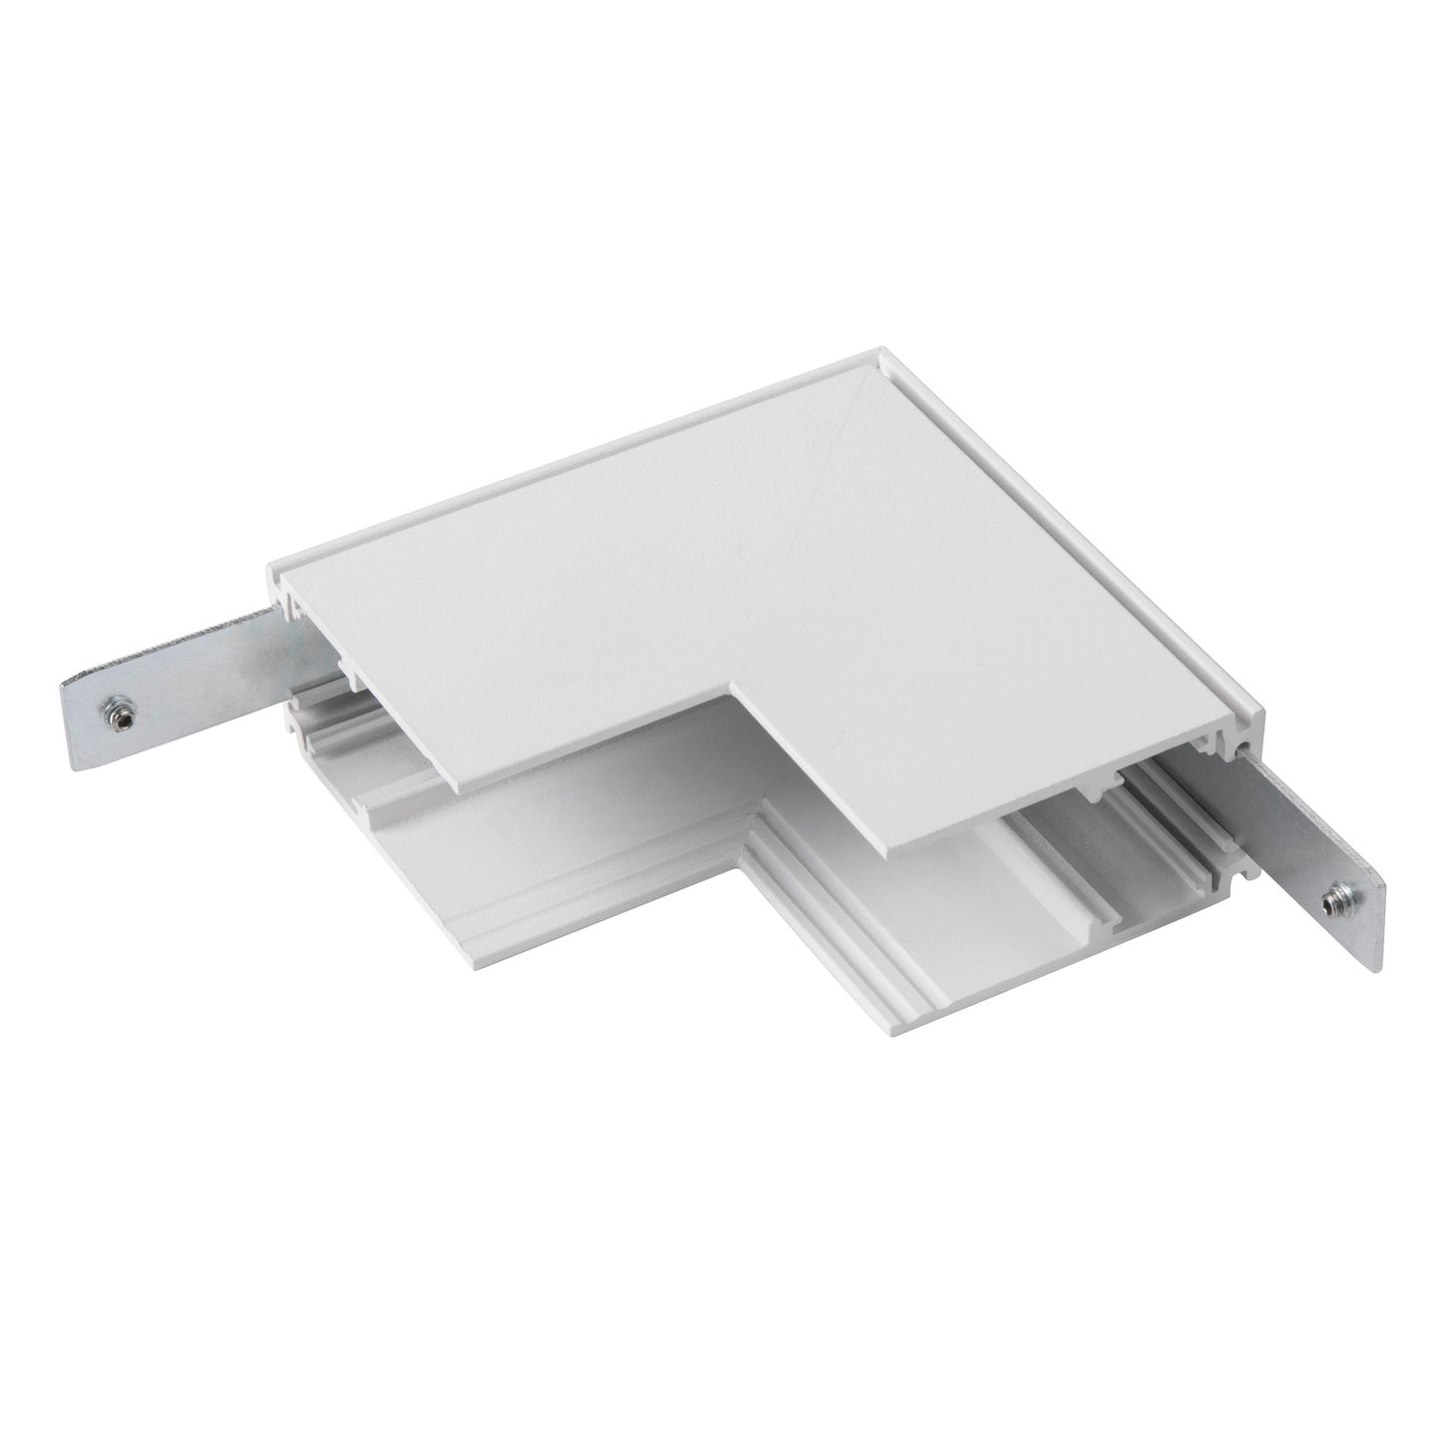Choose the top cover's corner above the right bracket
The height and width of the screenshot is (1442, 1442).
[x=1261, y=711]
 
